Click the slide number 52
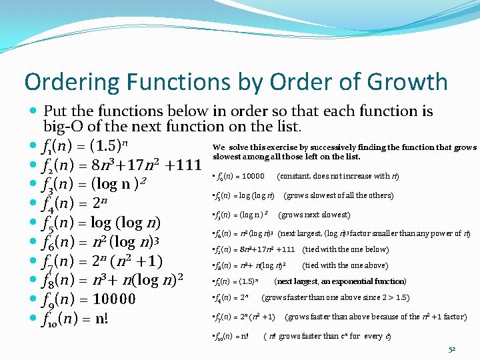tap(452, 349)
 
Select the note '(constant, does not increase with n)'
tap(338, 176)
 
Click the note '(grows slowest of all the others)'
tap(339, 195)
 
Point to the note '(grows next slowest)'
tap(314, 215)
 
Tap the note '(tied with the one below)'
tap(345, 249)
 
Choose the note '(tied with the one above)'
tap(345, 265)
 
